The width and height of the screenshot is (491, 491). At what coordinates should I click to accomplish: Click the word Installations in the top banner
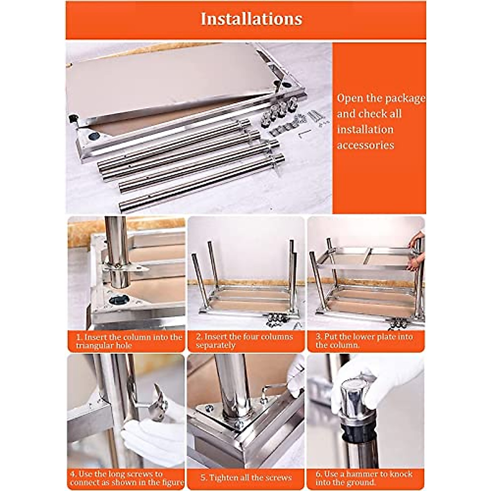[251, 19]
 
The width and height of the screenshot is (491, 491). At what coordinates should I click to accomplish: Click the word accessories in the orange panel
[365, 145]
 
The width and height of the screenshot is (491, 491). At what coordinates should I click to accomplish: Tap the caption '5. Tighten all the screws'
[246, 478]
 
